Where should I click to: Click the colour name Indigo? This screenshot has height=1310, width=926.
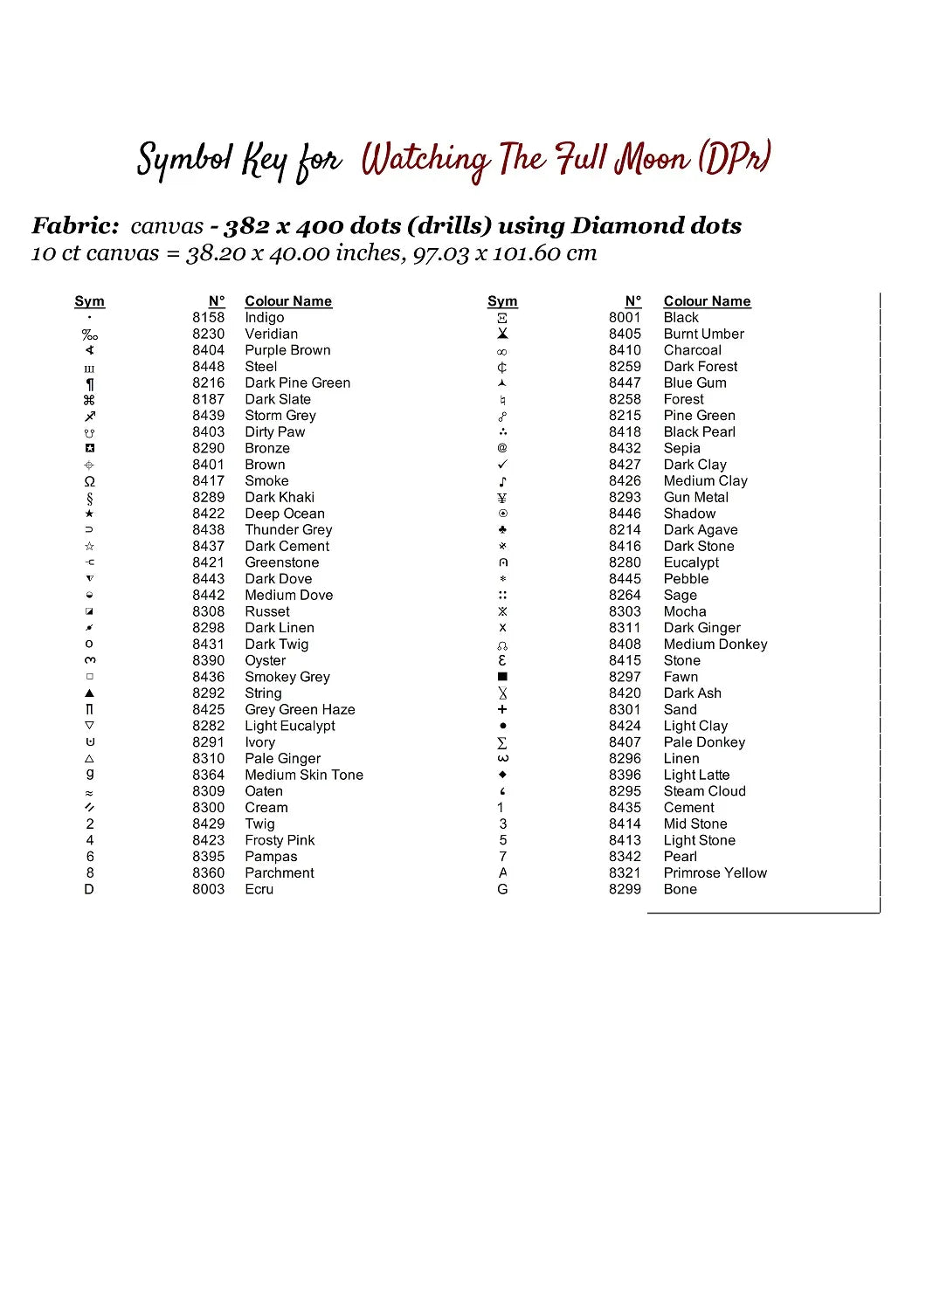(264, 318)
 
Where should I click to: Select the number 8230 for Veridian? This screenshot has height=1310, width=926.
(208, 334)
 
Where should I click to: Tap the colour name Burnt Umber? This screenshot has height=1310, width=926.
(703, 334)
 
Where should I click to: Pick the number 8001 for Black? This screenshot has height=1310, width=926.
(625, 318)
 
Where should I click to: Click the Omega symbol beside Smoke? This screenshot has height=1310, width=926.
(89, 481)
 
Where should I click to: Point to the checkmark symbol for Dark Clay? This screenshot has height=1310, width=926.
(502, 465)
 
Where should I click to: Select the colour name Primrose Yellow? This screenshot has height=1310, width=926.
(715, 873)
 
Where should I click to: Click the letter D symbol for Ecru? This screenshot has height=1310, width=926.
(89, 890)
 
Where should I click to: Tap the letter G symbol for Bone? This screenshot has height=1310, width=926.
(502, 890)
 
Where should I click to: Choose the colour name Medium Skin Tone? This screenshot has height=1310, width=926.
(303, 776)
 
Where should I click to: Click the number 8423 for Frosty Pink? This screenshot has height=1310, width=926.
(208, 841)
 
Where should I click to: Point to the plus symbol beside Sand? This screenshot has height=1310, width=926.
(502, 710)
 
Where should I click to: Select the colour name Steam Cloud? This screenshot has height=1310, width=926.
(704, 791)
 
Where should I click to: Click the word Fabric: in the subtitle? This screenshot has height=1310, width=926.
(75, 226)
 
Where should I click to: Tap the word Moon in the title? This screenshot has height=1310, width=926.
(652, 160)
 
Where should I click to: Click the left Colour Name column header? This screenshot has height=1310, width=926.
(288, 301)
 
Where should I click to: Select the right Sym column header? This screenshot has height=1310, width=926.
(502, 301)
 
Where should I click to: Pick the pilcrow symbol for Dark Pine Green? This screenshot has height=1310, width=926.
(89, 383)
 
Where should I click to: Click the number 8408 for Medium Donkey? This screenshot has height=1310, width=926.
(625, 645)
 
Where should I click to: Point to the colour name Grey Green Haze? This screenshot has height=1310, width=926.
(300, 710)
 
